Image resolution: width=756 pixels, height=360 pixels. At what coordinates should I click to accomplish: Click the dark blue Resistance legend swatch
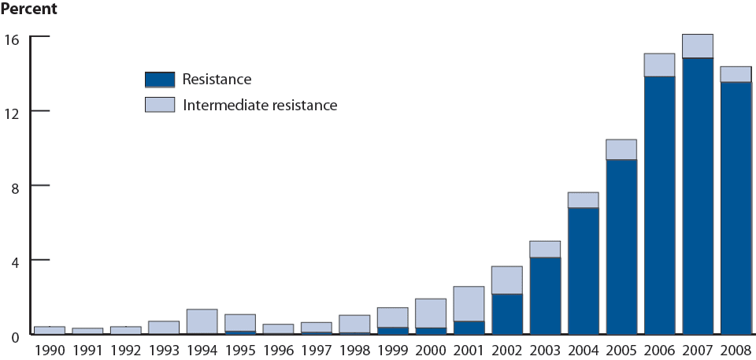[160, 79]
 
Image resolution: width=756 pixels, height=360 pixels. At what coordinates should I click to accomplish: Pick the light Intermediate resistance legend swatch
[160, 104]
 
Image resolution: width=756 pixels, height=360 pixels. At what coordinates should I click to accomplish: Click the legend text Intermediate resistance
[259, 104]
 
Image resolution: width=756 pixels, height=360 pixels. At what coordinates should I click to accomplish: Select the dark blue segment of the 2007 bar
[697, 197]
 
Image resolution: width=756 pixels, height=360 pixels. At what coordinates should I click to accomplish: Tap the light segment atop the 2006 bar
[659, 65]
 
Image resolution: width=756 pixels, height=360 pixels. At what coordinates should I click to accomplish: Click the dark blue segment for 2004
[583, 271]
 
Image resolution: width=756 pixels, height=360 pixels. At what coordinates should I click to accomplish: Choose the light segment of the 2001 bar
[469, 303]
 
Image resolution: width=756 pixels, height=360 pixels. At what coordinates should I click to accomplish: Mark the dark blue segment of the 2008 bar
[736, 208]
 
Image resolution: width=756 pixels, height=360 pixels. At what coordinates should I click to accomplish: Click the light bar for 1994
[202, 321]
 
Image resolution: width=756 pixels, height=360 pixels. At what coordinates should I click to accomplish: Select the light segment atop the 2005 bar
[621, 150]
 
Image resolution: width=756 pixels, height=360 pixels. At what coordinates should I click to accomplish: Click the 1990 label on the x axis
[49, 349]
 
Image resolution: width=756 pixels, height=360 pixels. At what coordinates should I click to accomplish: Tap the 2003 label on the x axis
[545, 349]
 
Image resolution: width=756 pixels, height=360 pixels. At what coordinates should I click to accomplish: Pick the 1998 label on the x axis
[354, 349]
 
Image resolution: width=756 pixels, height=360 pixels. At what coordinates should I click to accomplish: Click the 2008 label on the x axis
[736, 349]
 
